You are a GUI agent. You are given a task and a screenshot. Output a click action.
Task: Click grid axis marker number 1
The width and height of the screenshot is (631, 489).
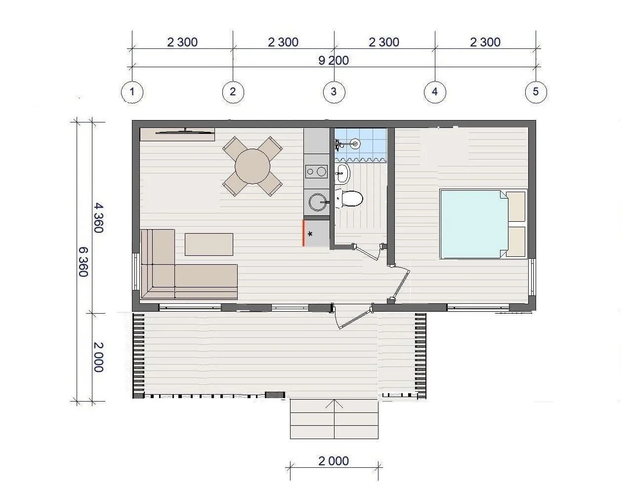point(132,92)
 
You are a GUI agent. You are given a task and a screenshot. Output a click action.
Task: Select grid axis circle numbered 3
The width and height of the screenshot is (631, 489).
point(334,92)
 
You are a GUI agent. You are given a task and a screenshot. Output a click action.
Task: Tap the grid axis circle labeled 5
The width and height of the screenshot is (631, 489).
point(536,92)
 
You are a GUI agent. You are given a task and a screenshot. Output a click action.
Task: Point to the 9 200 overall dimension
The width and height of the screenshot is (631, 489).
point(334,60)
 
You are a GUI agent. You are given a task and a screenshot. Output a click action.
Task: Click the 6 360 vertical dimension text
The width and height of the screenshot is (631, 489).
point(84,262)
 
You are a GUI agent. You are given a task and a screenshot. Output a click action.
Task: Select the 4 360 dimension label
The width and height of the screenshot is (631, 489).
point(99,218)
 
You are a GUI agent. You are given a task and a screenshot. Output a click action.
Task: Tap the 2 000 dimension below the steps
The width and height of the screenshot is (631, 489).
point(334,461)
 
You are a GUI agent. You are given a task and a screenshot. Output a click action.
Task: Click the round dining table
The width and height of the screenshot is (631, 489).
point(252,166)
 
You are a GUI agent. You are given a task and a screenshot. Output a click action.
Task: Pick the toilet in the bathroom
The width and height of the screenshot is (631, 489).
point(349,199)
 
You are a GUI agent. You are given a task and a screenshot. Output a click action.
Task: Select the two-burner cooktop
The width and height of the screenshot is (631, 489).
point(316,172)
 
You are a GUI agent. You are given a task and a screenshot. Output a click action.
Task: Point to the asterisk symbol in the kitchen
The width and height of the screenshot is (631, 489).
point(310,234)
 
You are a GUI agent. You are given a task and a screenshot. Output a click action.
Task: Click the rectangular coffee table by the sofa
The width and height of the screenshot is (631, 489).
point(209,244)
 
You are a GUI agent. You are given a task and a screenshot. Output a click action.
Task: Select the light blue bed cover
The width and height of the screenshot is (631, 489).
point(474,224)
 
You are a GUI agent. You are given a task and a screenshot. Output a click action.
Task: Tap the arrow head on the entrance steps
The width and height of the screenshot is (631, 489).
point(334,404)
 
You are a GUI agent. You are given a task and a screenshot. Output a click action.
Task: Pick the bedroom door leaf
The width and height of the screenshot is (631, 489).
point(401,285)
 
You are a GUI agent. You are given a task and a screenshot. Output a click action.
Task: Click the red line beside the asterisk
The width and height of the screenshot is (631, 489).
point(303,233)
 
